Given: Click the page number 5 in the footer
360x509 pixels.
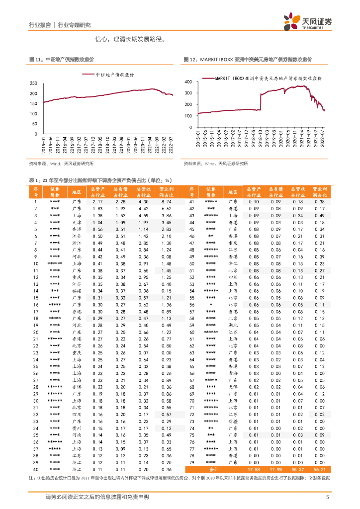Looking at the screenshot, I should point(327,497).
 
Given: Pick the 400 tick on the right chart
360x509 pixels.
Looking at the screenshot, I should point(188,81).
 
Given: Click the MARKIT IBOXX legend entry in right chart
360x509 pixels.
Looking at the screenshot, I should point(269,78).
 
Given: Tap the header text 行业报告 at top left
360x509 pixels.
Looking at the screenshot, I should point(40,25).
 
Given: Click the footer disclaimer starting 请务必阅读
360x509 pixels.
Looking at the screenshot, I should point(97,497).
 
